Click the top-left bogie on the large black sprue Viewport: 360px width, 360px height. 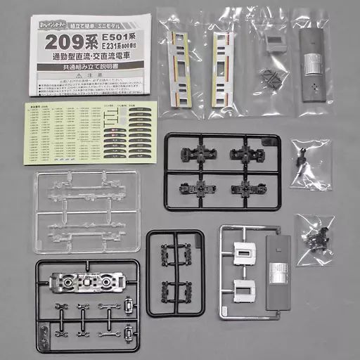(x=193, y=153)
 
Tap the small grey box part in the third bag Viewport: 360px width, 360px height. (x=274, y=44)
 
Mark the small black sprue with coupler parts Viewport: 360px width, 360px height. (x=174, y=270)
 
